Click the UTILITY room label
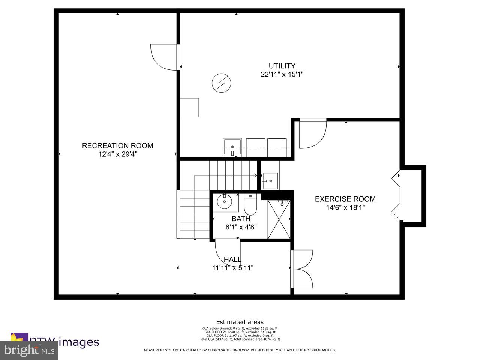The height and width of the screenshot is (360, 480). (x=282, y=66)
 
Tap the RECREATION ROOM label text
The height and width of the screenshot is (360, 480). (x=117, y=145)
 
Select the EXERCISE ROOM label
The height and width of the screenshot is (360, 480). (x=345, y=199)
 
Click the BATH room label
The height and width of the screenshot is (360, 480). (x=241, y=219)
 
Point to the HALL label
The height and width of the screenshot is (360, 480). (x=232, y=259)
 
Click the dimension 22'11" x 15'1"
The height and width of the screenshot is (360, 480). (x=282, y=74)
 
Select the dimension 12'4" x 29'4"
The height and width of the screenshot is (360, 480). (x=117, y=154)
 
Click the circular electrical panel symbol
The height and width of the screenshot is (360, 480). (x=221, y=83)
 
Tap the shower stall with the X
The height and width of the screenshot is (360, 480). (x=279, y=219)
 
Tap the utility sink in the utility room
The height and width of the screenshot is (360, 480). (x=232, y=147)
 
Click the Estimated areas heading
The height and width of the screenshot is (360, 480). (x=240, y=322)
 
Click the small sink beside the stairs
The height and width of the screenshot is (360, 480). (x=270, y=181)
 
